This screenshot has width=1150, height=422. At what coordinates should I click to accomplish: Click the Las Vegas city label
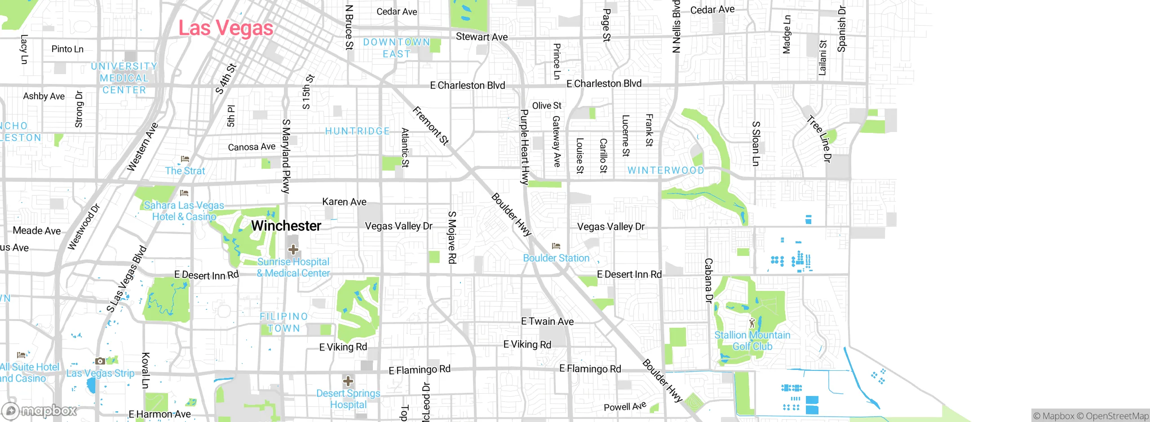click(226, 28)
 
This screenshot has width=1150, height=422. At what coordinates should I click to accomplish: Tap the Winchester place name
click(286, 226)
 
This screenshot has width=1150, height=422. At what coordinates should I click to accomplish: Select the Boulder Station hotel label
click(556, 258)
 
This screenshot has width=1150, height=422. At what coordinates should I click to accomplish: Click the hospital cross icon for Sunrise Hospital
click(293, 249)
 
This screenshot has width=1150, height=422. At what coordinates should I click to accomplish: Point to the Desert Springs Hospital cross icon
click(348, 382)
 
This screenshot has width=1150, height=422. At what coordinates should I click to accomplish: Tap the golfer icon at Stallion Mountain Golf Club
click(752, 323)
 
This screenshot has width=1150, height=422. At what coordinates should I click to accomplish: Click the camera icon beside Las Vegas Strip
click(100, 361)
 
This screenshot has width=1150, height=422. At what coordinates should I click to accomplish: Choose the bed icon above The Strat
click(185, 159)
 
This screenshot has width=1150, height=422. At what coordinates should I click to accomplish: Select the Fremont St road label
click(431, 126)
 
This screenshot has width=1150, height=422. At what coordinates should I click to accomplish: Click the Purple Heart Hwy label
click(524, 147)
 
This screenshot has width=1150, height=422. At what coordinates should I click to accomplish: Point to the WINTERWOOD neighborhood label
click(666, 171)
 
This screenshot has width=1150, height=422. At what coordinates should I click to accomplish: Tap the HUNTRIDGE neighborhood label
click(358, 131)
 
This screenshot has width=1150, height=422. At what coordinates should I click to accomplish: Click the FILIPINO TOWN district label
click(283, 322)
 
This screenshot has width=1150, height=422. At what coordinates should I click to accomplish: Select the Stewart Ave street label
click(482, 37)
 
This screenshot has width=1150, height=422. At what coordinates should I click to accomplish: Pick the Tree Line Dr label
click(819, 139)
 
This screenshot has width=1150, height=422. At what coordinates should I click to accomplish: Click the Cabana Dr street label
click(708, 281)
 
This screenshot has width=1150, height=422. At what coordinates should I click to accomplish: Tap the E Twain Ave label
click(547, 321)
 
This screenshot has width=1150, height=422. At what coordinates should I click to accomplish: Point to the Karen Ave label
click(344, 202)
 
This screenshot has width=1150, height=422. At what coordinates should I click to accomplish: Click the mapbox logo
click(40, 410)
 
